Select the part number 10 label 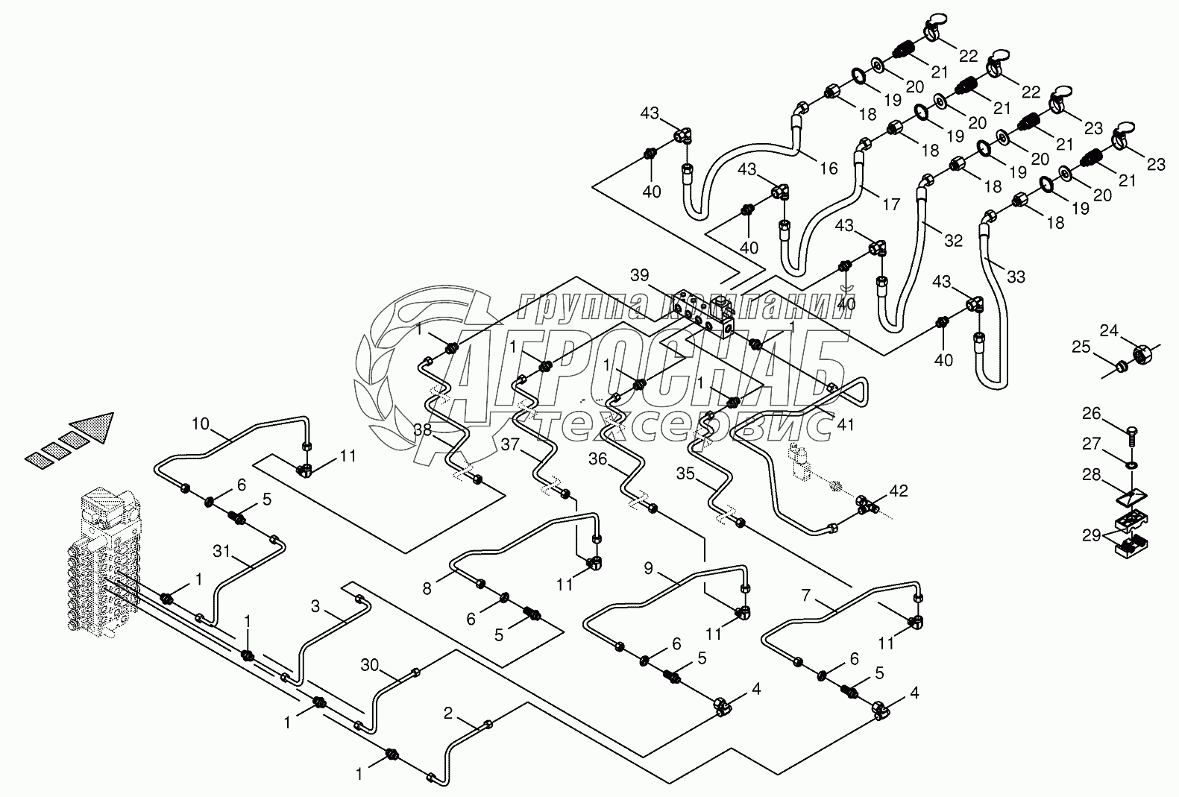pos(201,423)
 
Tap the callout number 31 pos(221,551)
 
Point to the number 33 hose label pos(1016,277)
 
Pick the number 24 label pos(1110,330)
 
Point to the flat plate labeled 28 pos(1131,497)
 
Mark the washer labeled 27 pos(1131,465)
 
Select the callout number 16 pos(829,168)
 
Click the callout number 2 pos(448,713)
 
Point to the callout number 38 pos(423,429)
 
